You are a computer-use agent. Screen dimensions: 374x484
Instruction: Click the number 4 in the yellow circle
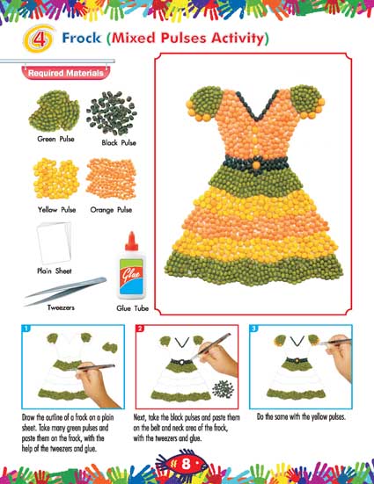(39, 40)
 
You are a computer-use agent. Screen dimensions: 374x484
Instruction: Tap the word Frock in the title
(82, 38)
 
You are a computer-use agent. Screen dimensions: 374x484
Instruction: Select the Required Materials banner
(66, 73)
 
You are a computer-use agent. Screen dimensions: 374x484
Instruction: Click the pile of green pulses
(55, 111)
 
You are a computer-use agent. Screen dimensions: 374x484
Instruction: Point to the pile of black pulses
(112, 112)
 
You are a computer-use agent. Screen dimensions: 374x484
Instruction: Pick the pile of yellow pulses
(56, 178)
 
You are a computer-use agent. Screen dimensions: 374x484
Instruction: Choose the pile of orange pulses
(111, 178)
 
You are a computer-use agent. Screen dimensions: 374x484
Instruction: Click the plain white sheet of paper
(55, 243)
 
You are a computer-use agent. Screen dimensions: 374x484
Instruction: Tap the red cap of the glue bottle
(131, 241)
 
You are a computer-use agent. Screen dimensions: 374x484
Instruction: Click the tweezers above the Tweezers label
(66, 291)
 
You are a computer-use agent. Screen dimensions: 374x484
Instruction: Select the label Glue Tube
(132, 308)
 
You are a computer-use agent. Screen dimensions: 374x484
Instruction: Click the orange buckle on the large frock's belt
(256, 164)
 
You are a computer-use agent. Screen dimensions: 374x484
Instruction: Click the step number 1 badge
(26, 329)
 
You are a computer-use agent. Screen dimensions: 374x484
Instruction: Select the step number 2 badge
(140, 329)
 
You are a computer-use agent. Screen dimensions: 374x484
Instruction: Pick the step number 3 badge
(253, 329)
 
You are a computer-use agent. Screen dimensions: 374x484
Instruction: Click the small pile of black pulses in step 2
(224, 388)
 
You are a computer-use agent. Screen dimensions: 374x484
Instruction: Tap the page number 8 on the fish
(186, 464)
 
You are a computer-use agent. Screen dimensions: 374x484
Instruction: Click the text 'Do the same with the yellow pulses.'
(301, 417)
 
